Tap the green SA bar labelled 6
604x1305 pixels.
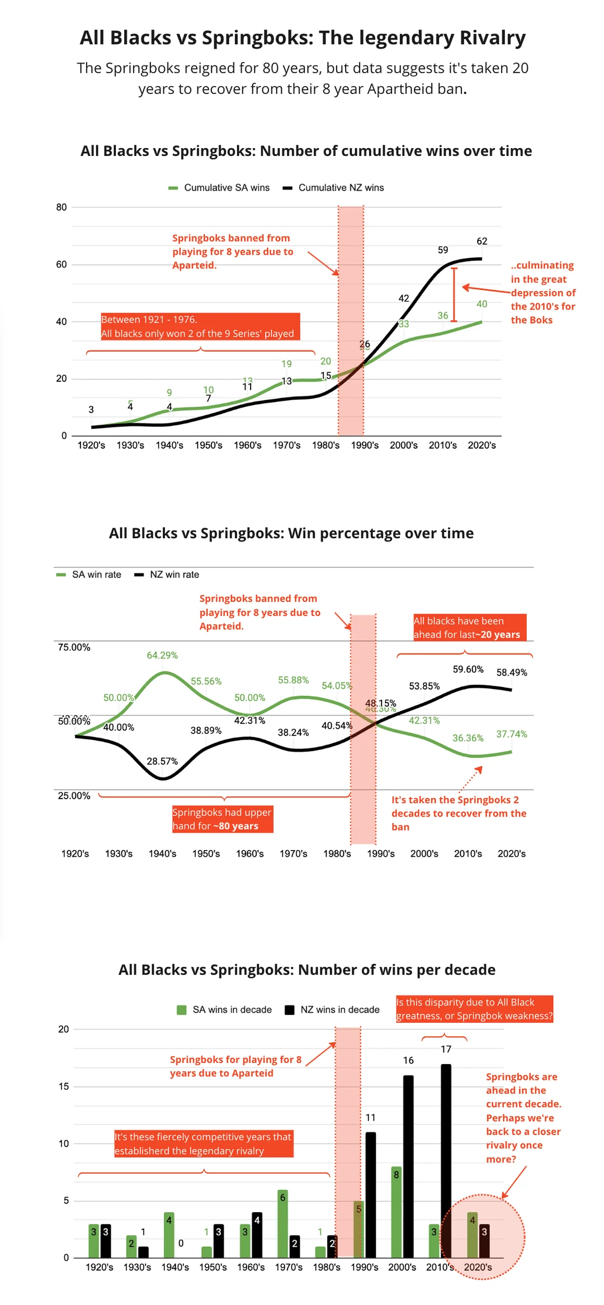point(282,1223)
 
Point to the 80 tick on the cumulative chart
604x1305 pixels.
point(62,207)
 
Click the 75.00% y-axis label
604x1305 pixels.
point(74,647)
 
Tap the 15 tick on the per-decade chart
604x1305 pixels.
point(64,1086)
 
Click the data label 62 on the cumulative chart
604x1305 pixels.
point(482,241)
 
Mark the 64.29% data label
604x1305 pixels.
point(162,655)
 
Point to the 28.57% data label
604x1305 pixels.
point(162,761)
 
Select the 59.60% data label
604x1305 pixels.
point(468,669)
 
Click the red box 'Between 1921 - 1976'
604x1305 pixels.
point(200,326)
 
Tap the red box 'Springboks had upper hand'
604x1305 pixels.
point(223,819)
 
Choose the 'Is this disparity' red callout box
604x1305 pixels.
point(474,1009)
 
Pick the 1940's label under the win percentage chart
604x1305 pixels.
point(162,853)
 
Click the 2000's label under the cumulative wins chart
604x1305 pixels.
point(404,445)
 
